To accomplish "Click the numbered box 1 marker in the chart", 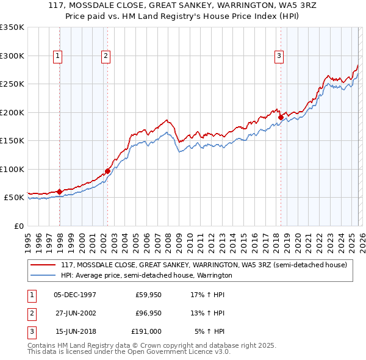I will [x=58, y=56].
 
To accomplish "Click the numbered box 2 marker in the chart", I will [x=106, y=56].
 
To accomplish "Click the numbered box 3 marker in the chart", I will [x=279, y=56].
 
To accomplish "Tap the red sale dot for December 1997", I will [x=60, y=192].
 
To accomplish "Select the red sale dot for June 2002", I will [x=107, y=171].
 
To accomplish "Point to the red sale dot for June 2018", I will [x=281, y=117].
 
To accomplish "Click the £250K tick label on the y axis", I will [x=12, y=84].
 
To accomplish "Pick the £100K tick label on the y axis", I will [x=12, y=169].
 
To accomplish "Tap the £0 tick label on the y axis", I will [x=18, y=226].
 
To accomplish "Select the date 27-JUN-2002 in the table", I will [x=75, y=313].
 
